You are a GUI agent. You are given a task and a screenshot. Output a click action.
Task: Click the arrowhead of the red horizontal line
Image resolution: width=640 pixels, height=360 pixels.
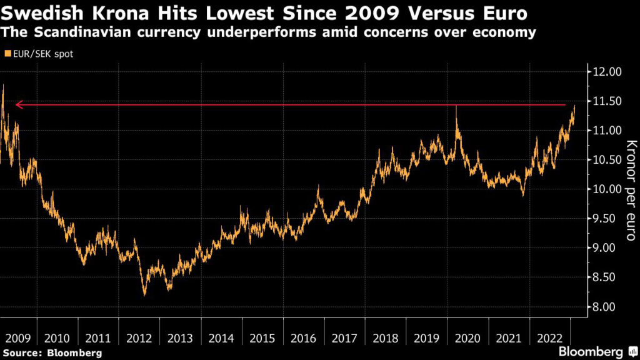18,104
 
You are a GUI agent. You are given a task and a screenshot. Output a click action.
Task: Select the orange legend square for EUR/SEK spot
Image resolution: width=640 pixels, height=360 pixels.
7,54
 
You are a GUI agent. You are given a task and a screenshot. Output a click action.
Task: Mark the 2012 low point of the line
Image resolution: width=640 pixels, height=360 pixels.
145,294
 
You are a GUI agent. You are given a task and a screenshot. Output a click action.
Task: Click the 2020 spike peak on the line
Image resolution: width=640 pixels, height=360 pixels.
456,106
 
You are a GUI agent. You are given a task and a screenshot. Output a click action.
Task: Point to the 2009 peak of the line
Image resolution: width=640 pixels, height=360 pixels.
3,85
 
